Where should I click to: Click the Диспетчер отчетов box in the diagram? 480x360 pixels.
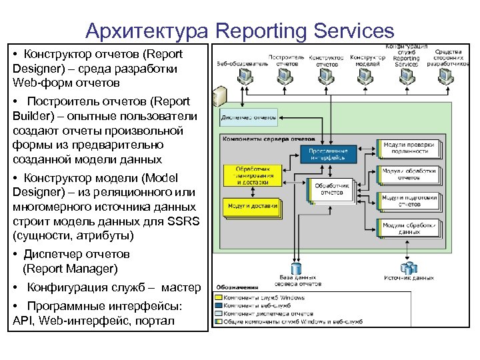(x=248, y=118)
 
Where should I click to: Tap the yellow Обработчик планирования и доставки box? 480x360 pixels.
(x=252, y=175)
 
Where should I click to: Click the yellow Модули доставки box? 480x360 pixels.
(x=252, y=207)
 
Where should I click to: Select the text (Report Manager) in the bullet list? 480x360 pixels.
(x=70, y=269)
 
